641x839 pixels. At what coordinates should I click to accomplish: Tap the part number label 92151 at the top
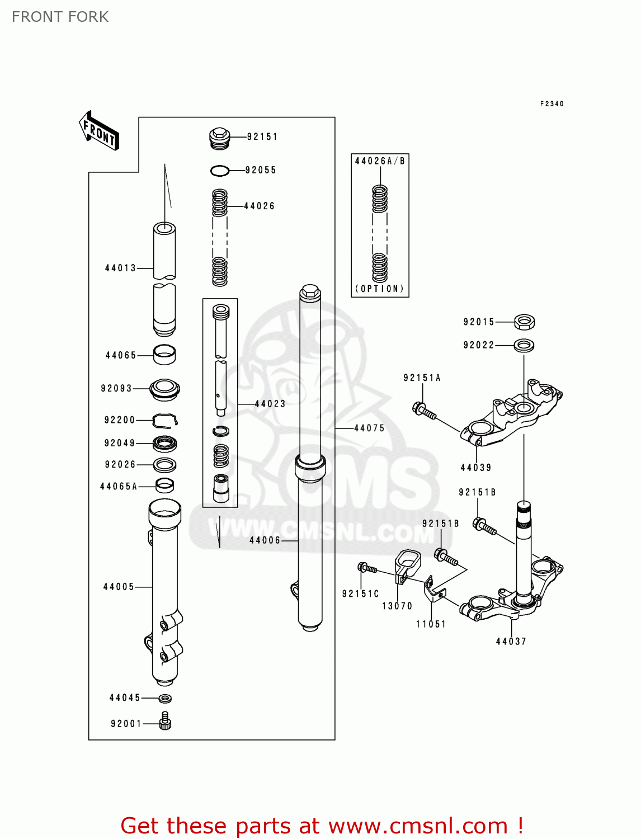click(262, 136)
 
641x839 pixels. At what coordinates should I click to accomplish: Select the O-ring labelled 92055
click(220, 171)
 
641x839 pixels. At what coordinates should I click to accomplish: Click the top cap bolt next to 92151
click(220, 138)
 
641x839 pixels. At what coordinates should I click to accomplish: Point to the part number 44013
click(120, 268)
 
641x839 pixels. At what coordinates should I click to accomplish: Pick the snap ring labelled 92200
click(165, 419)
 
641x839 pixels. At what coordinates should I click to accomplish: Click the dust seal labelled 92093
click(164, 389)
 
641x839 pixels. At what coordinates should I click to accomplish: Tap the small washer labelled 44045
click(165, 698)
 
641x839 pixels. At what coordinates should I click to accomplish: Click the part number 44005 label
click(119, 587)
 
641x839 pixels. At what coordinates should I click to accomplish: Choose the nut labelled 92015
click(524, 322)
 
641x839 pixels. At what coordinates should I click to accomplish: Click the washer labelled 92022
click(524, 345)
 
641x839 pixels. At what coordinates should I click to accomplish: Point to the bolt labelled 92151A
click(423, 411)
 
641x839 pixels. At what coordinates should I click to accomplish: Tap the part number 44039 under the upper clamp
click(475, 468)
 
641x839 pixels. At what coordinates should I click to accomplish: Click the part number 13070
click(397, 606)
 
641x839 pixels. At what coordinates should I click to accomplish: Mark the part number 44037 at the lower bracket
click(511, 642)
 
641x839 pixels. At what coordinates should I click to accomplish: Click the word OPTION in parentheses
click(380, 289)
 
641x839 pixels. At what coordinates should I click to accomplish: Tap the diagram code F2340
click(552, 103)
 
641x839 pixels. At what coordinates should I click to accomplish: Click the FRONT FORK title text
click(60, 17)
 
